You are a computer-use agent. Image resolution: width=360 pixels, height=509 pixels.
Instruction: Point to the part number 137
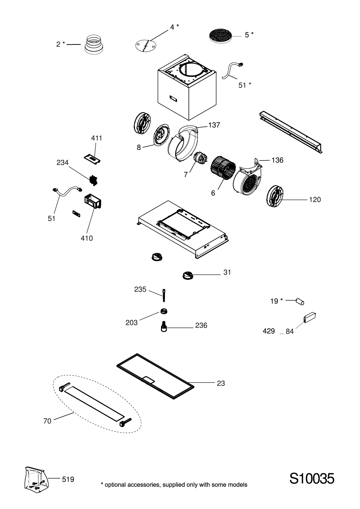click(214, 125)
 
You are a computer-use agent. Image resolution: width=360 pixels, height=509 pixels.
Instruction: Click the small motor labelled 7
click(199, 157)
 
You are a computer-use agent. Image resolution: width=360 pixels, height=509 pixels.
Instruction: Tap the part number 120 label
click(315, 200)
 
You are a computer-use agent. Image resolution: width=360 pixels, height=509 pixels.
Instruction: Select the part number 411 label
click(97, 138)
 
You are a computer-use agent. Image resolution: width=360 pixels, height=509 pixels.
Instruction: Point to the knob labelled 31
click(188, 275)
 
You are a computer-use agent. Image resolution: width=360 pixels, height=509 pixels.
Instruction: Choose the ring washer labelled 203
click(164, 311)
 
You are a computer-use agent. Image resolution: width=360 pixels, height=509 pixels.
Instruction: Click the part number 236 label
click(201, 326)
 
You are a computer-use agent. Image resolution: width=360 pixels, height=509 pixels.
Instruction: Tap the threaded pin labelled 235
click(164, 295)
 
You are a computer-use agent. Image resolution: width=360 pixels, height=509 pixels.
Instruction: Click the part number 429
click(269, 331)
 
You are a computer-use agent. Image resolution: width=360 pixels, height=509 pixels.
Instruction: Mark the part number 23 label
click(221, 383)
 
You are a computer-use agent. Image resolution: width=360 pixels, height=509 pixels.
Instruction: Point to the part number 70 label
click(47, 421)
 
